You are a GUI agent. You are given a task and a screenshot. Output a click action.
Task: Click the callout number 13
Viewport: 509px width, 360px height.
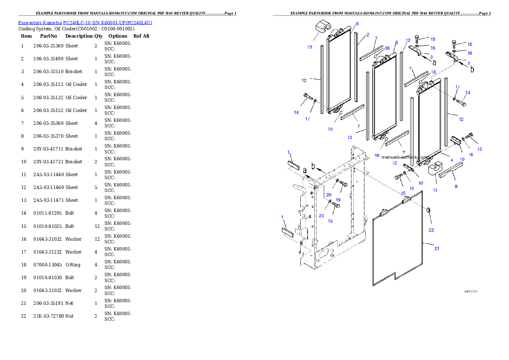click(x=310, y=47)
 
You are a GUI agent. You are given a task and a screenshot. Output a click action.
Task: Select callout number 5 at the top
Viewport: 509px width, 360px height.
click(x=357, y=24)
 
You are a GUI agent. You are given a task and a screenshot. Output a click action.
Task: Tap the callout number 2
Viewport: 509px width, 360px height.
click(x=368, y=35)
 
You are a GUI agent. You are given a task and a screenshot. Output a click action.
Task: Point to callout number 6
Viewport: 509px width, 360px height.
click(x=397, y=42)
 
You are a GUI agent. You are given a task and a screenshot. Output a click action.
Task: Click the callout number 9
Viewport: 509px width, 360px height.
click(x=432, y=57)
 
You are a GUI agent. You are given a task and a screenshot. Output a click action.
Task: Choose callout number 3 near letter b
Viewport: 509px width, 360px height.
click(x=468, y=63)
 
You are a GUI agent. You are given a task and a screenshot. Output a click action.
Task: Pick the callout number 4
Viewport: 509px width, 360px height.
click(x=452, y=160)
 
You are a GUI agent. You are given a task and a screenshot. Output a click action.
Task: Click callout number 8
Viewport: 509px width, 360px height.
click(x=456, y=186)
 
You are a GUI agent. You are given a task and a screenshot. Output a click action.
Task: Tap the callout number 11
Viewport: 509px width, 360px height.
click(x=435, y=190)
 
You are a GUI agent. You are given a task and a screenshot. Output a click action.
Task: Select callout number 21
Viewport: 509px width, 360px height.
click(x=437, y=249)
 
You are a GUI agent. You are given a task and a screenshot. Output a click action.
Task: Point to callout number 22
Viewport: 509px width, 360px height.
click(x=431, y=230)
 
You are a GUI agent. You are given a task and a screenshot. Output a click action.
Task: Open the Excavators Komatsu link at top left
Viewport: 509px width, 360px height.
click(x=85, y=22)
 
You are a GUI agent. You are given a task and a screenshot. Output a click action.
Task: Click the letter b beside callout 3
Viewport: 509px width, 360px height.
click(x=472, y=69)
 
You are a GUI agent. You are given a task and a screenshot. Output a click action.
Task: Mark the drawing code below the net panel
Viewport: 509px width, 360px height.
click(x=471, y=292)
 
